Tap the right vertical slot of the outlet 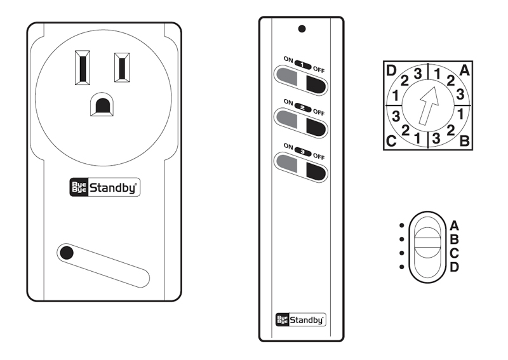[122, 67]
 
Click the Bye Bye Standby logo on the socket [104, 187]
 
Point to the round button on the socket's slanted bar [66, 253]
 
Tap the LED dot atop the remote [302, 29]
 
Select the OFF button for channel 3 [315, 171]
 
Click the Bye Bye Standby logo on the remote [301, 320]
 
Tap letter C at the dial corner [392, 141]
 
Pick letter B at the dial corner [464, 141]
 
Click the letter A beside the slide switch [454, 225]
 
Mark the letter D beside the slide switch [454, 267]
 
